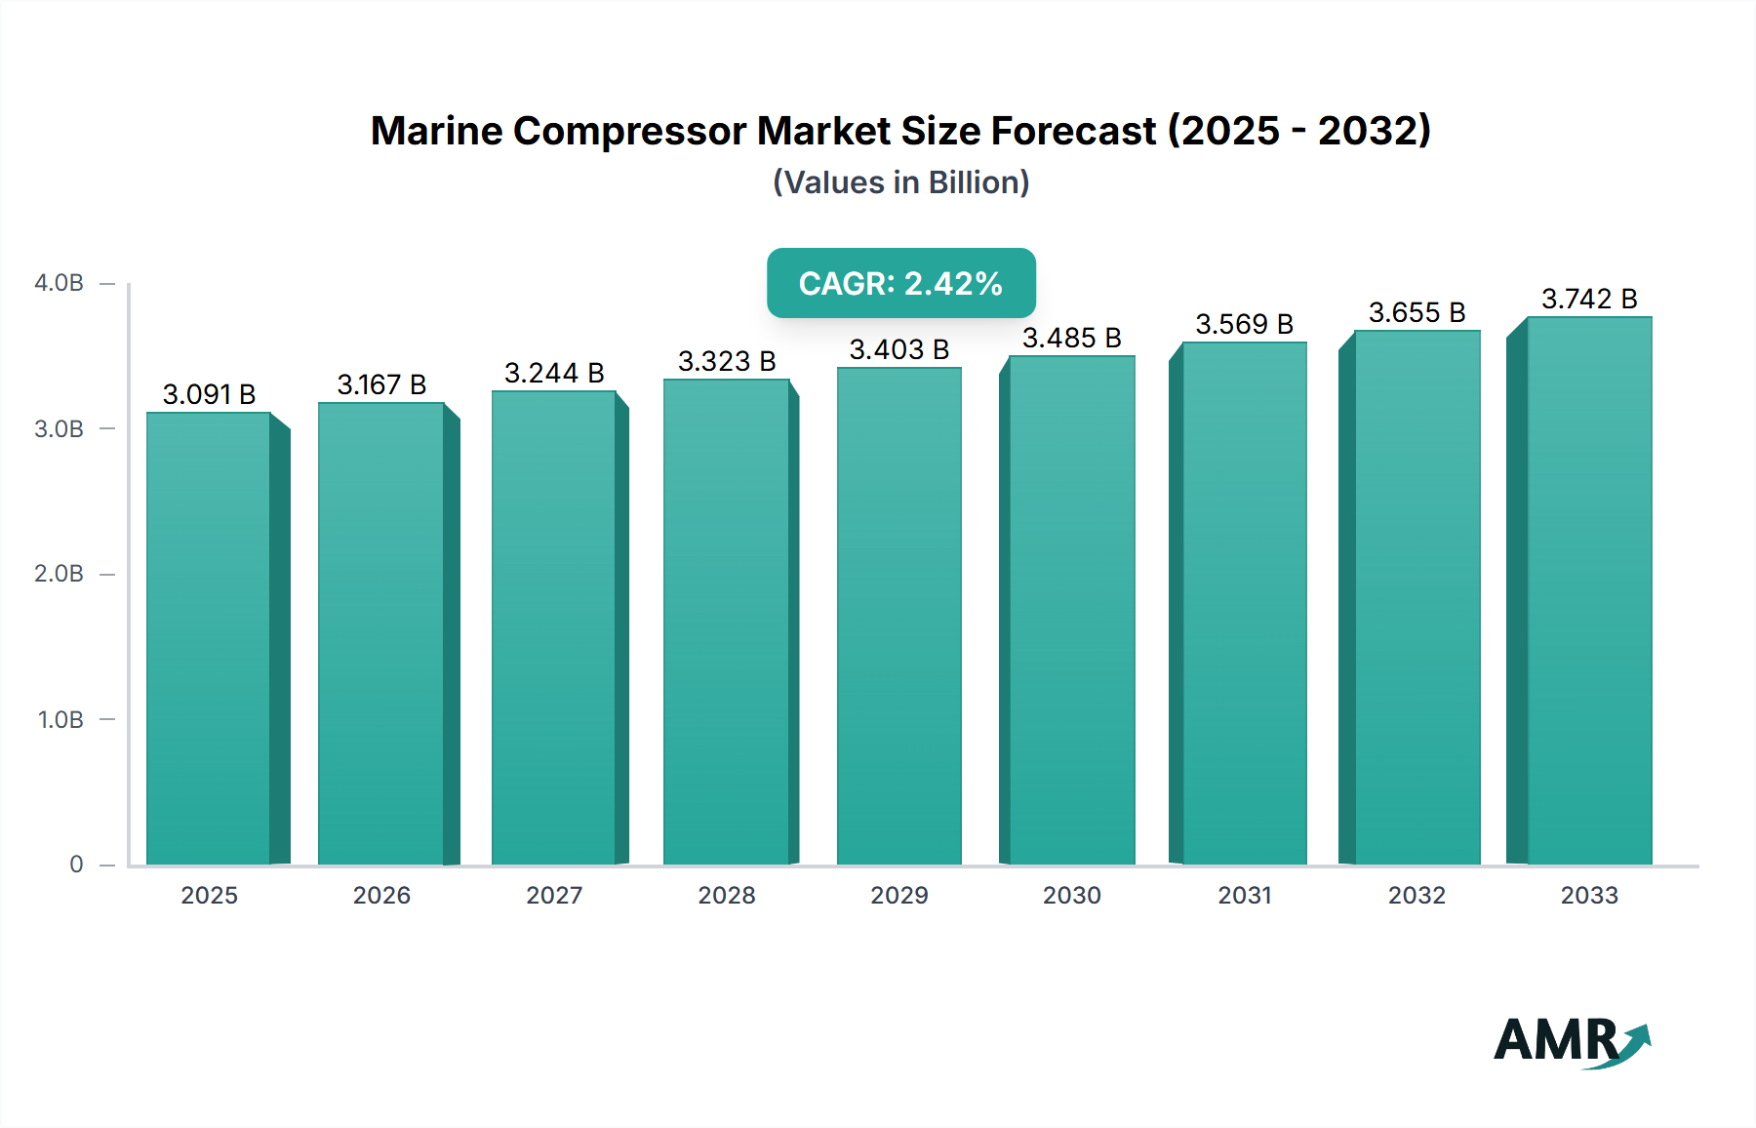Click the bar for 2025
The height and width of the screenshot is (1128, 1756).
click(x=209, y=639)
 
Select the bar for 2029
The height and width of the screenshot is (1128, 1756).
click(x=898, y=617)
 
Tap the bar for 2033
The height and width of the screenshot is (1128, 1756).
click(x=1588, y=591)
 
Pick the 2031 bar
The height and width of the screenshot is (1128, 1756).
click(x=1244, y=604)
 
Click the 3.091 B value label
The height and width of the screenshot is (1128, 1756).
click(x=209, y=394)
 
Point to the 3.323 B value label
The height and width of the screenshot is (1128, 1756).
click(x=727, y=361)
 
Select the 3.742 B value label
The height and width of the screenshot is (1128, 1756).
click(x=1589, y=299)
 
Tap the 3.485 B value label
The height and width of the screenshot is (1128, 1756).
click(x=1071, y=338)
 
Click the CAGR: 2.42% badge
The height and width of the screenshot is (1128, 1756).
click(x=900, y=283)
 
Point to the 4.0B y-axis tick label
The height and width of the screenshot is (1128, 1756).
click(x=59, y=283)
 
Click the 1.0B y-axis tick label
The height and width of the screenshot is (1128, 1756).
click(x=60, y=720)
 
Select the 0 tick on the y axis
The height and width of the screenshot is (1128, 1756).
click(x=76, y=865)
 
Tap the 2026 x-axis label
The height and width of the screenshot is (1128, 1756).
click(x=381, y=896)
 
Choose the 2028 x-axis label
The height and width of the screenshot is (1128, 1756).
click(x=727, y=896)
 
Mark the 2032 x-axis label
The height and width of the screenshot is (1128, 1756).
click(x=1417, y=896)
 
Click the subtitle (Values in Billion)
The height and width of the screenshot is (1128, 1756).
click(x=900, y=182)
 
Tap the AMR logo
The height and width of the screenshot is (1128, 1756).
click(x=1571, y=1042)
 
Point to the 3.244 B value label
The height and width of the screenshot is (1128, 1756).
click(x=554, y=373)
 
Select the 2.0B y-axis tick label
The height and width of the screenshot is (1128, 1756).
click(x=59, y=574)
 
